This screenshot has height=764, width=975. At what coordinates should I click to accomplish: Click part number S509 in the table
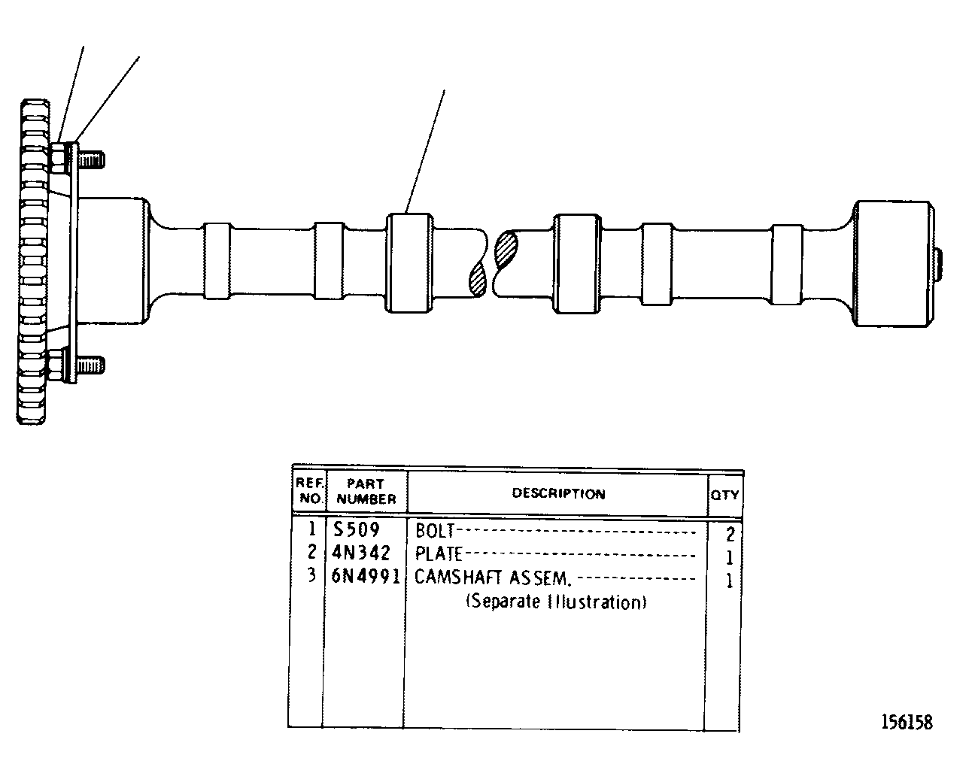point(357,530)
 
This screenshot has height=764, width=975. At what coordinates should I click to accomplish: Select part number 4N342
point(361,553)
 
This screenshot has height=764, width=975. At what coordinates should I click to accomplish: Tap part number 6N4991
point(365,577)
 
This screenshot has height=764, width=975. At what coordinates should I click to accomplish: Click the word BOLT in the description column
point(435,531)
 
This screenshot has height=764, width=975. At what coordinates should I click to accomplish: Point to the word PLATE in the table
point(439,554)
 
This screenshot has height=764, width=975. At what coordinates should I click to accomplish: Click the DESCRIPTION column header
point(559,493)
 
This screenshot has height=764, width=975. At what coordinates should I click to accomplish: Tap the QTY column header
point(724,495)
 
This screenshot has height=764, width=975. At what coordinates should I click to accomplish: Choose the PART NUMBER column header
point(366,491)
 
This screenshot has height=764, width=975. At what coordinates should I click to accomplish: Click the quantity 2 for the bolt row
point(730,534)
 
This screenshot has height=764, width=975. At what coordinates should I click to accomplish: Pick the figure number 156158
point(907,723)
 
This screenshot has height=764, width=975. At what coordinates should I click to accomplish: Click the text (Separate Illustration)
point(557,602)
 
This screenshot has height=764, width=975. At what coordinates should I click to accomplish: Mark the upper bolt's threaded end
point(92,160)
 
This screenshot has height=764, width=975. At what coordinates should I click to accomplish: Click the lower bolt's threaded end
point(91,365)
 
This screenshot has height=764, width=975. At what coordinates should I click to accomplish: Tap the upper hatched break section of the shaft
point(506,250)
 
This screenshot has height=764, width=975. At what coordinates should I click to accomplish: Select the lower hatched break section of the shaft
point(478,279)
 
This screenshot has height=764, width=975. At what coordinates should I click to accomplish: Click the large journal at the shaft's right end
point(893,263)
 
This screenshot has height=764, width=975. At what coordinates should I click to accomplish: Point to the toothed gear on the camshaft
point(33,262)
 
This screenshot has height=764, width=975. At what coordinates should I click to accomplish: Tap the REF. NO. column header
point(310,490)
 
